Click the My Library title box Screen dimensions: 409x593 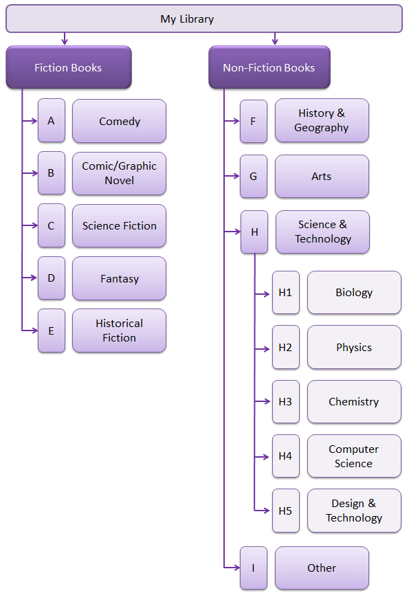coord(204,19)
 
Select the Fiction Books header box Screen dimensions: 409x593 coord(69,67)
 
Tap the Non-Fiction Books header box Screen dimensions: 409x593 coord(269,67)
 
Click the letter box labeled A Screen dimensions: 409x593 coord(52,121)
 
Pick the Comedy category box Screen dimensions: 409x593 coord(119,121)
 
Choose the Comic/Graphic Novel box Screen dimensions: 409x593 coord(119,173)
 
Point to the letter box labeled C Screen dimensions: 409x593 coord(52,225)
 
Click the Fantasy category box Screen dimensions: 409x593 coord(119,278)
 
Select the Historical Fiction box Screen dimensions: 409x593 coord(119,331)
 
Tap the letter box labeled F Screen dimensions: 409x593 coord(254,121)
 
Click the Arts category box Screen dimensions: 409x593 coord(322,176)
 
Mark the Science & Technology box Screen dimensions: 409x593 coord(323,232)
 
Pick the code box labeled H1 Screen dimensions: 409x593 coord(286,292)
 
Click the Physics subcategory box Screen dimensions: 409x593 coord(354,347)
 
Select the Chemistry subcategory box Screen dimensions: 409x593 coord(354,402)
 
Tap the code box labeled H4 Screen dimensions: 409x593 coord(286,456)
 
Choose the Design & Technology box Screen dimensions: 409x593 coord(354,511)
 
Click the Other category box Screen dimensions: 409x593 coord(322,568)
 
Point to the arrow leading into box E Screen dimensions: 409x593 coord(30,331)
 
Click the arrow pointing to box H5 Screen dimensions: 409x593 coord(262,511)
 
